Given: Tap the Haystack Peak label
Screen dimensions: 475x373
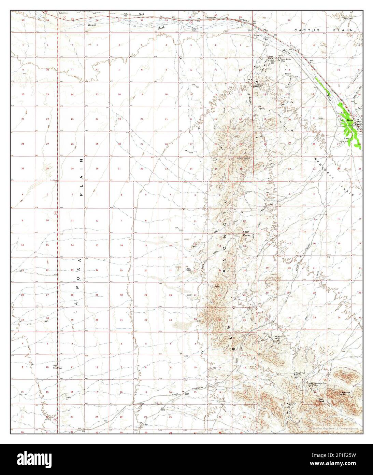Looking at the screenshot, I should click(344, 394).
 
